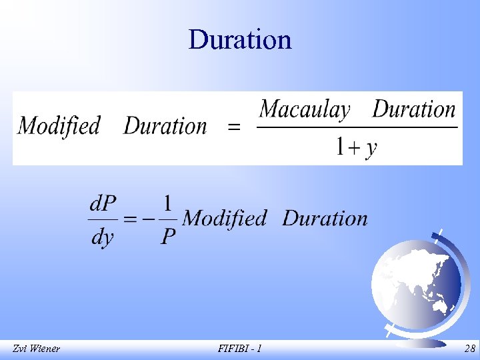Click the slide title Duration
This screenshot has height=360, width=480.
(x=240, y=39)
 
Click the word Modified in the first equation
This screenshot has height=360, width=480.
(x=59, y=125)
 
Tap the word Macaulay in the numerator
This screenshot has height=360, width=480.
(x=305, y=109)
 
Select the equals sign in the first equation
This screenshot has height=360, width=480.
(x=234, y=127)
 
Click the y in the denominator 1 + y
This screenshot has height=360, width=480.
(x=371, y=148)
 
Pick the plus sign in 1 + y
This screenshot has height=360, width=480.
(x=355, y=147)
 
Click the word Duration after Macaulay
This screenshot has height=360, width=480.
(x=413, y=109)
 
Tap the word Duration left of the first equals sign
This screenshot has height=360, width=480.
(x=165, y=125)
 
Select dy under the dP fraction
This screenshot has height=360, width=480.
(x=102, y=237)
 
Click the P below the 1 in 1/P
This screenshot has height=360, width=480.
(x=168, y=237)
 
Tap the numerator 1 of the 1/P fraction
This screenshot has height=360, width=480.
(x=168, y=201)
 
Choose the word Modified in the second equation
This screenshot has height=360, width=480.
(x=224, y=218)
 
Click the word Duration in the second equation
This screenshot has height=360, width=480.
(x=325, y=218)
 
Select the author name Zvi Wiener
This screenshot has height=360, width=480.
(x=36, y=349)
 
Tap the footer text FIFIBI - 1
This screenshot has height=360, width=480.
(x=239, y=349)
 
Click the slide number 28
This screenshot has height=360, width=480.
(x=469, y=349)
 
